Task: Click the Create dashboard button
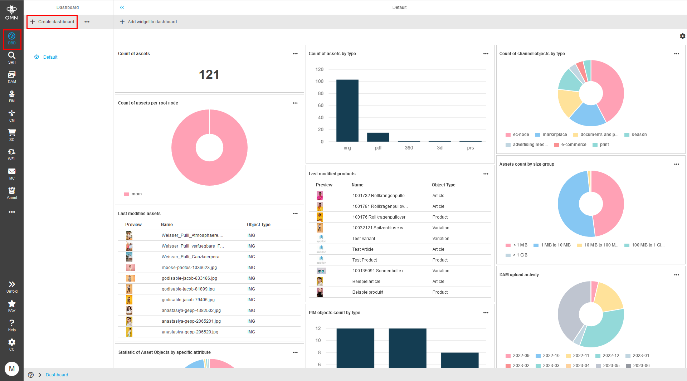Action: [52, 22]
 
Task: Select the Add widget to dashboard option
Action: [148, 22]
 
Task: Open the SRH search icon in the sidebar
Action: [12, 57]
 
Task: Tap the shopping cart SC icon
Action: [12, 135]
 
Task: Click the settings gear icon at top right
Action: [682, 36]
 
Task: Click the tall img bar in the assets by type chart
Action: [347, 111]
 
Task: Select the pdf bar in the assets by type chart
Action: [378, 137]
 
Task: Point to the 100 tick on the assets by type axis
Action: [319, 81]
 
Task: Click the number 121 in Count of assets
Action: [209, 75]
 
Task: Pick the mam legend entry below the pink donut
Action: [136, 194]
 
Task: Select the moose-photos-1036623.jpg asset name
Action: [189, 268]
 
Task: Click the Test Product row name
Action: [364, 260]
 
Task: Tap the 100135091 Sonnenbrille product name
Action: [379, 271]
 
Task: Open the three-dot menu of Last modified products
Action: [486, 174]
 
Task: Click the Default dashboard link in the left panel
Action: [50, 57]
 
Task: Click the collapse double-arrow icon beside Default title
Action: [122, 8]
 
